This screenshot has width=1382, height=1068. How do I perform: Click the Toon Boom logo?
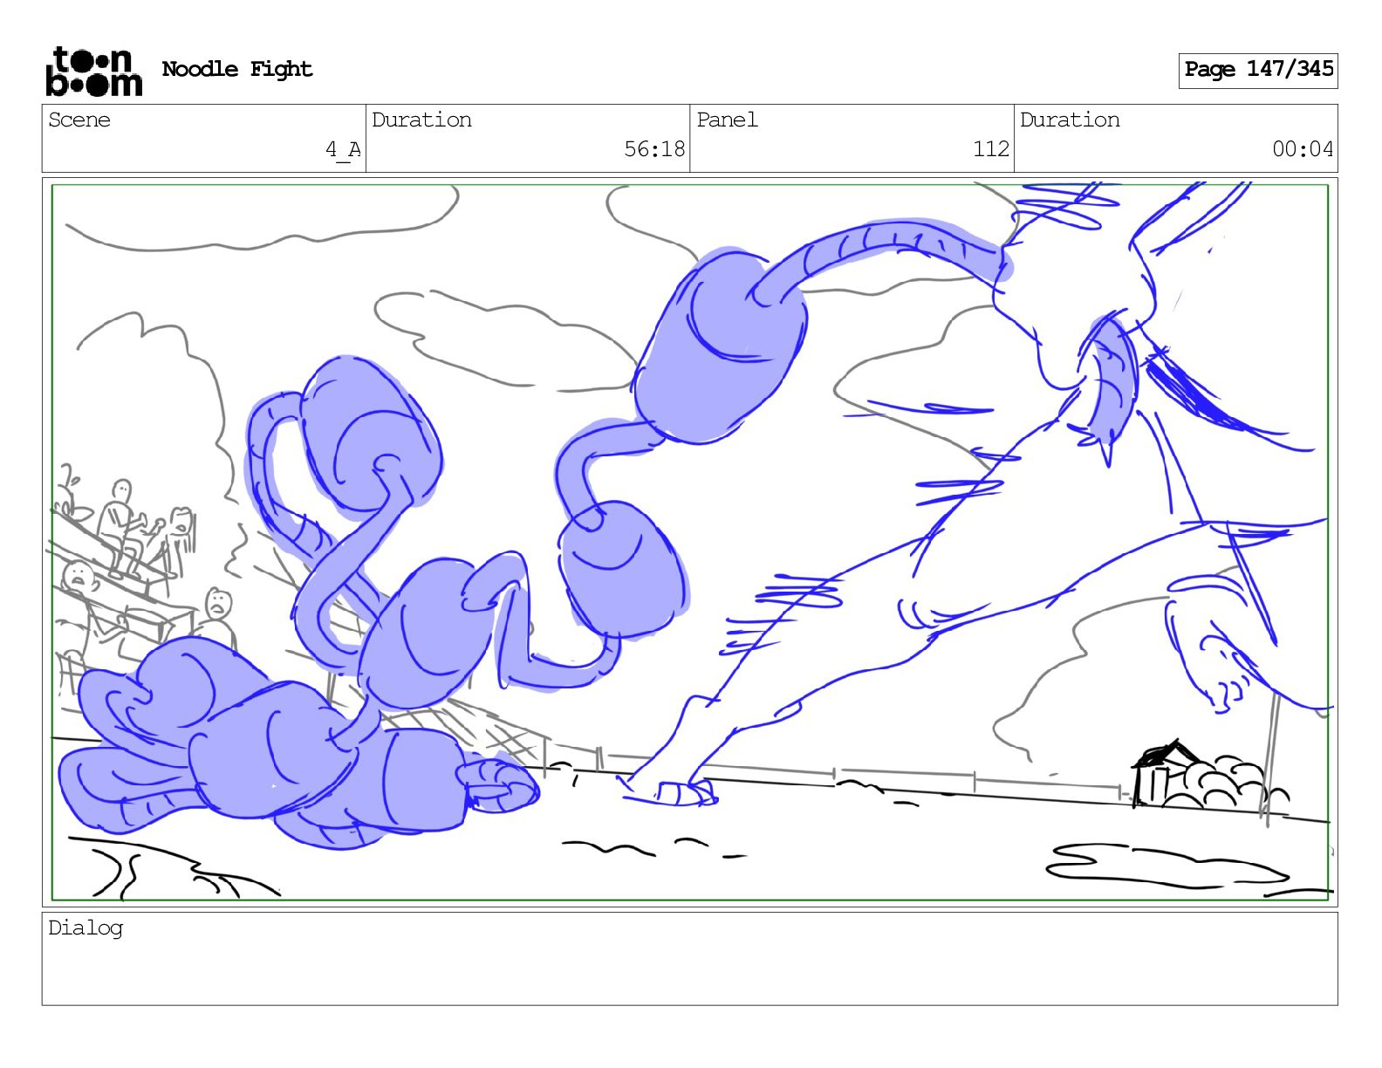pos(94,72)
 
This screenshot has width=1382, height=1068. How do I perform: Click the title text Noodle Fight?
pos(237,69)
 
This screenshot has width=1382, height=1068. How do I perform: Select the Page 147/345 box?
pos(1258,71)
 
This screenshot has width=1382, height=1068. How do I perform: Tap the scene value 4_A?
pos(343,149)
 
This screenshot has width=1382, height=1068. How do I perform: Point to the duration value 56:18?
pos(654,149)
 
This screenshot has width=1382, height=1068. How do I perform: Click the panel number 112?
pos(991,149)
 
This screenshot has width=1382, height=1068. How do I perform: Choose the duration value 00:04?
pos(1303,149)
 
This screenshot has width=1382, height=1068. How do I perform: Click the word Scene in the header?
pos(79,120)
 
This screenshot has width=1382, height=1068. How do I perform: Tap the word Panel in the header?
pos(727,120)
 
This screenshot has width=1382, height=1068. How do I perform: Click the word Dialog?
pos(86,928)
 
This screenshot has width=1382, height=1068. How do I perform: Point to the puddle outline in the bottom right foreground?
pos(1164,866)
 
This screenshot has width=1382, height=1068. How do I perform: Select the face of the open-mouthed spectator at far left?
pos(79,577)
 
